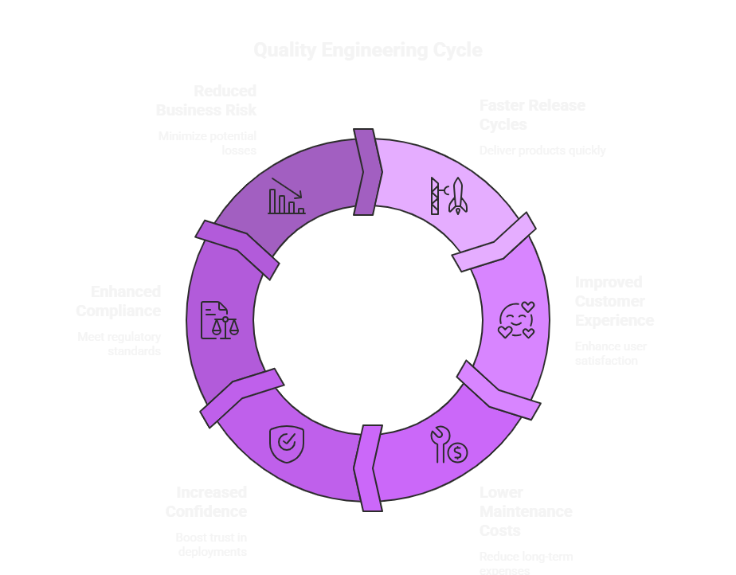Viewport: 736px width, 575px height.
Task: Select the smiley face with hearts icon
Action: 516,320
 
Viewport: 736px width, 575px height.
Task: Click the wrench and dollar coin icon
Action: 448,446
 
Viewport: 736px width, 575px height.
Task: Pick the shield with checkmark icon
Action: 286,442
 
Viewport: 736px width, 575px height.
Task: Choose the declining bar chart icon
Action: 287,196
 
